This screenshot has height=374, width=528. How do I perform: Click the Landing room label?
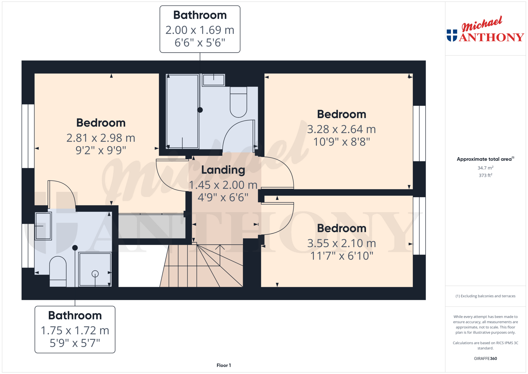pos(223,170)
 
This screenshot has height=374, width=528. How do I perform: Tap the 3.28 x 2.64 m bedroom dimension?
pos(341,129)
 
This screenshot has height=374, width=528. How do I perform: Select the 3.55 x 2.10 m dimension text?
pos(342,243)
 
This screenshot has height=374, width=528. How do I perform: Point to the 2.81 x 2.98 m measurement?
pos(101,138)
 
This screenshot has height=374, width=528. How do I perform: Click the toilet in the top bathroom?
pos(238,102)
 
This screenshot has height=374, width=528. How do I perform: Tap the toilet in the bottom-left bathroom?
pos(58,271)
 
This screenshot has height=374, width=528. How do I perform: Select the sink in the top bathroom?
pos(214,80)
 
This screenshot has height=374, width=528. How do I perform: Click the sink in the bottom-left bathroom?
pos(43,226)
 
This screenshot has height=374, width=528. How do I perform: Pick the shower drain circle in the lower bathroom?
pos(95,274)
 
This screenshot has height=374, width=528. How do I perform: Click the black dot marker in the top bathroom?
pos(200,110)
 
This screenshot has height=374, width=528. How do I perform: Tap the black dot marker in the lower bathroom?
pos(75,248)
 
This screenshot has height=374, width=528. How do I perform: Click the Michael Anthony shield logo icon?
pos(452,35)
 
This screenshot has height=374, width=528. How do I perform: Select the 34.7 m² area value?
pos(485,168)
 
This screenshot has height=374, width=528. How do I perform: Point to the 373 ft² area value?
pos(485,175)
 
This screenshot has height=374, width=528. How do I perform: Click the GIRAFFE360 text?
pos(485,359)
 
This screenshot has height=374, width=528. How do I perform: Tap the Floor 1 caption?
pos(224,365)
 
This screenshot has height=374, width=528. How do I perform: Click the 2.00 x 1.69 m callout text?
pos(200,30)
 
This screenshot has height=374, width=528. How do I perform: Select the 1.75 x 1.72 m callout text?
pos(75,330)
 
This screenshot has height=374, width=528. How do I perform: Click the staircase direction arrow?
pos(220,255)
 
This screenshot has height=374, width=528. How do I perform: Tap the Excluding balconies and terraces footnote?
pos(485,296)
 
